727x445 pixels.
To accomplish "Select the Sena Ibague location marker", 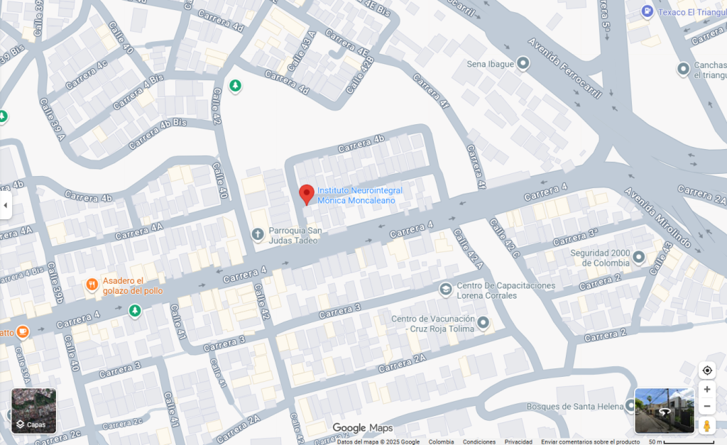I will pos(523,64).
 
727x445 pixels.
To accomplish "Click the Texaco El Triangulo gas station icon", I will pos(647,11).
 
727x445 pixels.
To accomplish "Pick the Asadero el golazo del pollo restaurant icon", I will pos(92,285).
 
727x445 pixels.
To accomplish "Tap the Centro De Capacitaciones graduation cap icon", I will pos(445,289).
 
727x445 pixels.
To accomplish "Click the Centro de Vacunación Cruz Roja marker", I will pos(483,324).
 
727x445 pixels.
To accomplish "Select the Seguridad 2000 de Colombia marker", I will pos(639,257).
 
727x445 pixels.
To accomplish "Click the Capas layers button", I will pos(33,411).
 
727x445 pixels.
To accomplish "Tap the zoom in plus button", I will pos(706,389).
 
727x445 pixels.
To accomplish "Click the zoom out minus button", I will pos(706,407).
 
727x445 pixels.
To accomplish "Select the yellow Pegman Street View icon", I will pos(706,426).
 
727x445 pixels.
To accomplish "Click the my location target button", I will pos(706,370).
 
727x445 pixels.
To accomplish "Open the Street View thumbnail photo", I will pos(664,410).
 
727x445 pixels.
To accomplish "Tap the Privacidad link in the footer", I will pos(518,441).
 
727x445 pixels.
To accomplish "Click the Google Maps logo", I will pos(362,428).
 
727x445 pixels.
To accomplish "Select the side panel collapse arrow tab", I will pos(6,205).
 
